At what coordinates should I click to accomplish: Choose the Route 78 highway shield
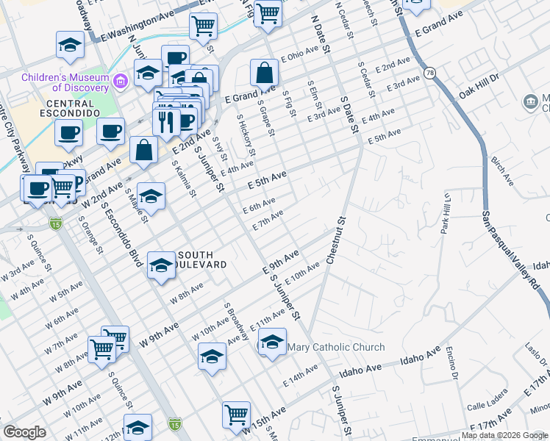click(x=429, y=73)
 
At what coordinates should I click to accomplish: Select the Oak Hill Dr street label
click(x=479, y=85)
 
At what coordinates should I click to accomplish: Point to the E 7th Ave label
click(x=268, y=220)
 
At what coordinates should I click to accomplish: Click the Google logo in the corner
click(x=25, y=432)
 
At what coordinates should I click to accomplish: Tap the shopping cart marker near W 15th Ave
click(x=236, y=415)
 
